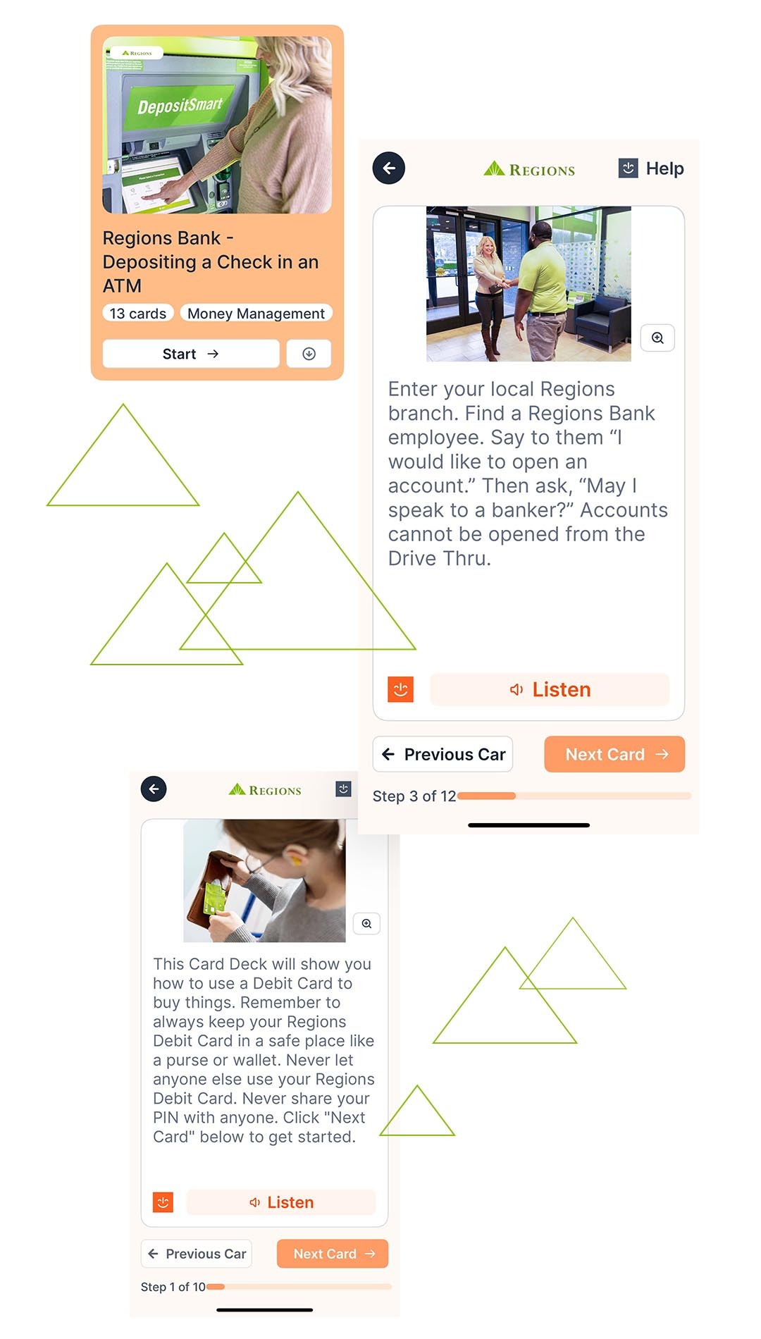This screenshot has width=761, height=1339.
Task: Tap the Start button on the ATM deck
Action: coord(191,354)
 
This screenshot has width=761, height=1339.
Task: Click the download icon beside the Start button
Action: coord(309,354)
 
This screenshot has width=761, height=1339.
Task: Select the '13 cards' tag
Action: coord(138,314)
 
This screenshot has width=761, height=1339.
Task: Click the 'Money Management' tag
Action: coord(256,314)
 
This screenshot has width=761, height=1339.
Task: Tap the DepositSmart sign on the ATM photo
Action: coord(180,106)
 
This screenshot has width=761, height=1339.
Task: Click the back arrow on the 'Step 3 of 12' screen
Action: coord(389,168)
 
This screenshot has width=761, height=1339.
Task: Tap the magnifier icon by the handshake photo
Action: coord(657,338)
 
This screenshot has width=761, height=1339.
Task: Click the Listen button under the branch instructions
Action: coord(550,689)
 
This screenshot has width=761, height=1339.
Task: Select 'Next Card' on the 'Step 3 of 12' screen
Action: coord(614,754)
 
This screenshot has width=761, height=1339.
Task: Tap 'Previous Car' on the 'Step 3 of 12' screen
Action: coord(443,754)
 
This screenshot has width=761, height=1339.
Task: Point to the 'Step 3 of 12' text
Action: coord(414,796)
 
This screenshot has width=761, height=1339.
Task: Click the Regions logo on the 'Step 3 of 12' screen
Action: coord(529,169)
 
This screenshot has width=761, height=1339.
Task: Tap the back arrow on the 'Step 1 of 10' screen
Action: coord(154,789)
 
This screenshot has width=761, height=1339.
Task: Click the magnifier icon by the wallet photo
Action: coord(366,923)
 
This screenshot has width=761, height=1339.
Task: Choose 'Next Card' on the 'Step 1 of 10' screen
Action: coord(333,1254)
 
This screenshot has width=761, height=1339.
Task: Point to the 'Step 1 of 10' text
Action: coord(173,1287)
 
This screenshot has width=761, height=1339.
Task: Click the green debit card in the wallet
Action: coord(214,899)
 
